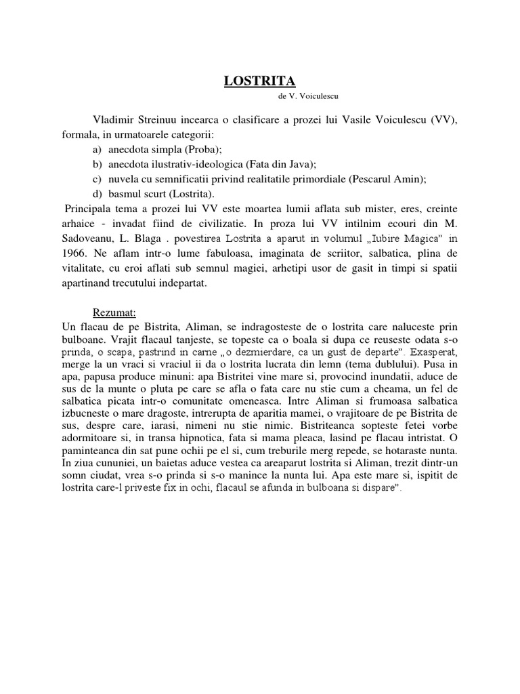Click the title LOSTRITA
(260, 81)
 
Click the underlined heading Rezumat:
(115, 313)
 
